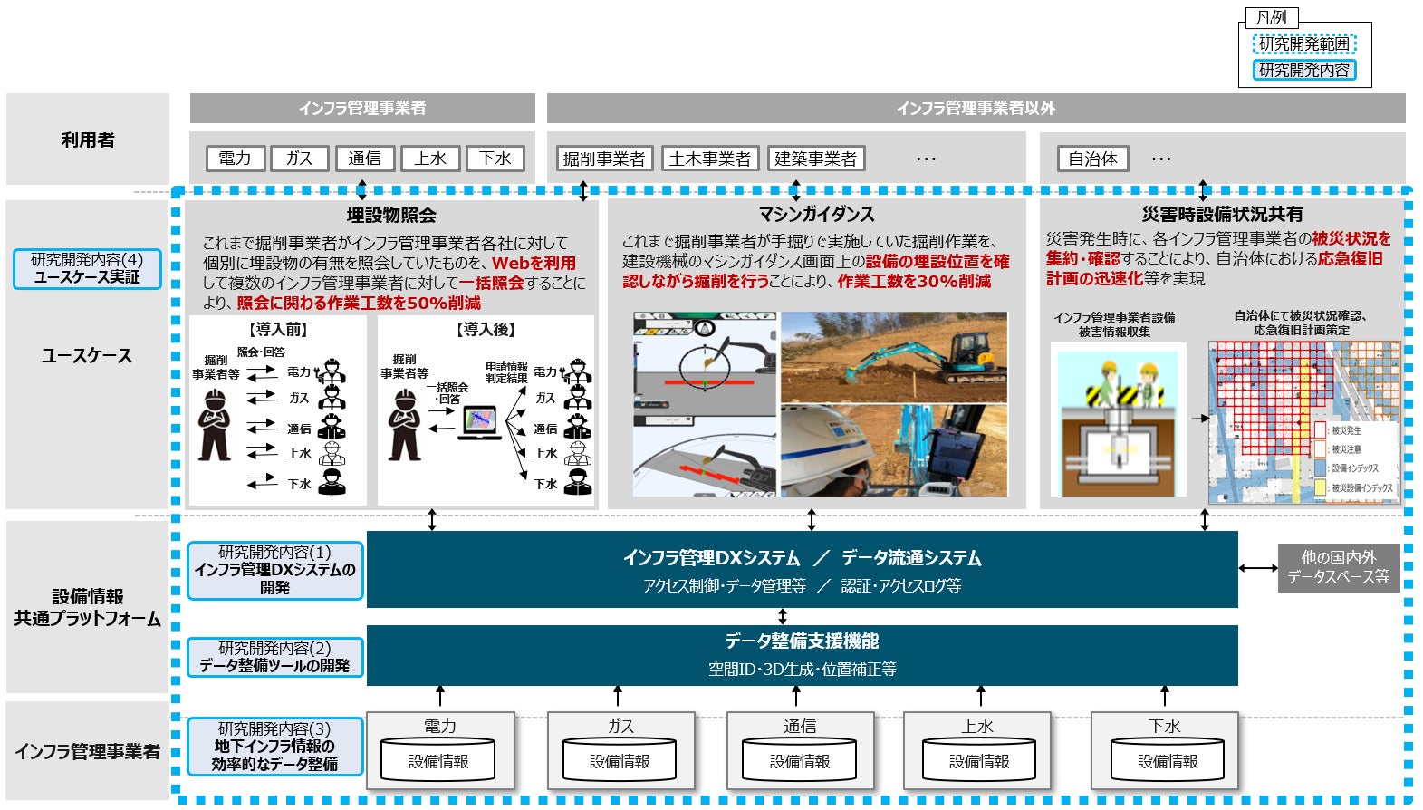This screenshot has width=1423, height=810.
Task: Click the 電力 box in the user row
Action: pyautogui.click(x=235, y=159)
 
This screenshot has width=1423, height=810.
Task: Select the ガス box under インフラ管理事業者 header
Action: pyautogui.click(x=299, y=159)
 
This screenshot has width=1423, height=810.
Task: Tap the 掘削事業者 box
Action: pyautogui.click(x=603, y=159)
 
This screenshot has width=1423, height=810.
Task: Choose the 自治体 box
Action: pyautogui.click(x=1092, y=159)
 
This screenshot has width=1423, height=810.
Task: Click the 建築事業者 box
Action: pyautogui.click(x=815, y=159)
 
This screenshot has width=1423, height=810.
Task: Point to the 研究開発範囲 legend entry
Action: pyautogui.click(x=1304, y=43)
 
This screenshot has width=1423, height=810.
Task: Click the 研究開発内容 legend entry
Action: pyautogui.click(x=1304, y=70)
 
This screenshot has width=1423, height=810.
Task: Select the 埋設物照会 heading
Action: pyautogui.click(x=391, y=216)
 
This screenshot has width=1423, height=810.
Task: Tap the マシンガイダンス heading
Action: pyautogui.click(x=816, y=215)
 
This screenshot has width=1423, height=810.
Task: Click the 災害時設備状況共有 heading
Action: pyautogui.click(x=1222, y=215)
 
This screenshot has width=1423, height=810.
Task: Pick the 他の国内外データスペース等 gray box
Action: pyautogui.click(x=1338, y=567)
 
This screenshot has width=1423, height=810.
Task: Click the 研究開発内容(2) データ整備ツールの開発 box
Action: pyautogui.click(x=274, y=657)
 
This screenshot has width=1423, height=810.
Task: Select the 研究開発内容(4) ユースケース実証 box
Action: pyautogui.click(x=87, y=269)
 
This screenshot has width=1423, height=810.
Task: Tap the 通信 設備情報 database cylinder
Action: pyautogui.click(x=800, y=757)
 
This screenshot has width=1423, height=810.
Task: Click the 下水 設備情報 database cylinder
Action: pyautogui.click(x=1167, y=757)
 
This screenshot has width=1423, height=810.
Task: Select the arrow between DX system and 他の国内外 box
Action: pyautogui.click(x=1257, y=568)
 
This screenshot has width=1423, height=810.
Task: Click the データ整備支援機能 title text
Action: pyautogui.click(x=802, y=641)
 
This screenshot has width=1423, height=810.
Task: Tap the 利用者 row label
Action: pyautogui.click(x=88, y=140)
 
